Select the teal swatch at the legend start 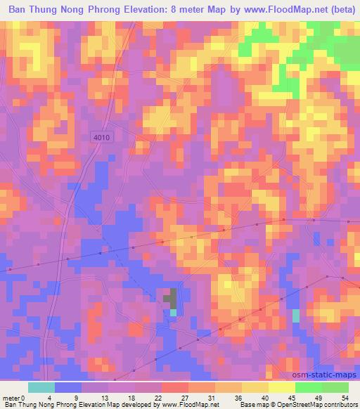41,387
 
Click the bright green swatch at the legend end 335,387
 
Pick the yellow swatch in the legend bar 255,387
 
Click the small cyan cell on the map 296,316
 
